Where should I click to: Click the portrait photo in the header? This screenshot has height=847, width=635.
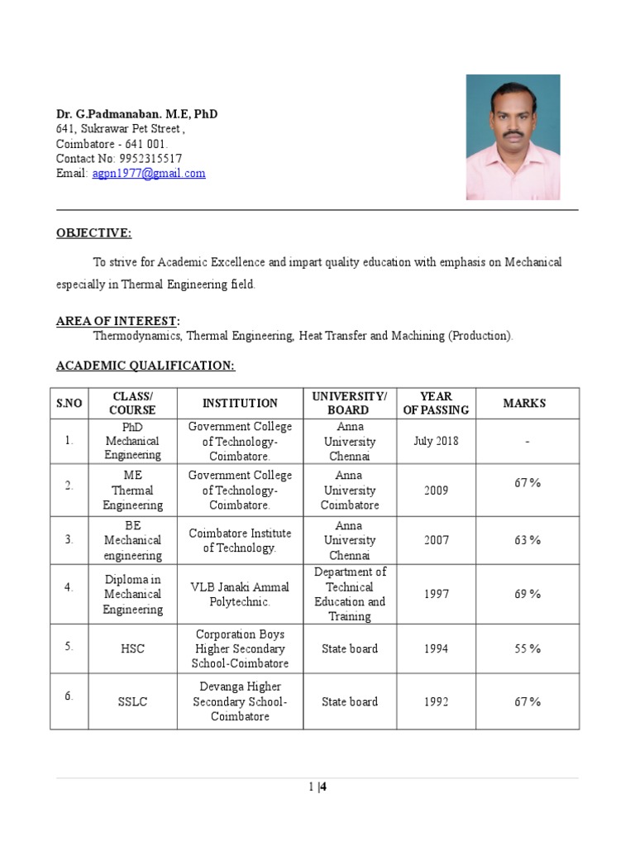pyautogui.click(x=513, y=137)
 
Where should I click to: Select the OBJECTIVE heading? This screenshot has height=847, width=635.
pyautogui.click(x=93, y=233)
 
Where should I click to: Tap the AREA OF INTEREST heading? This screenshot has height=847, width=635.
pyautogui.click(x=117, y=321)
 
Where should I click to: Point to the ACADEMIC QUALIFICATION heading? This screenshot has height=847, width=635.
pyautogui.click(x=146, y=366)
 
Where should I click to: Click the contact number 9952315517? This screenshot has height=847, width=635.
pyautogui.click(x=150, y=159)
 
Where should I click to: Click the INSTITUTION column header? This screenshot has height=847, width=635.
pyautogui.click(x=240, y=403)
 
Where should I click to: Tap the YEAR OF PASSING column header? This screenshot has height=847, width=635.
pyautogui.click(x=436, y=403)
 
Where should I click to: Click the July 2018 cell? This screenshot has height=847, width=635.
pyautogui.click(x=436, y=441)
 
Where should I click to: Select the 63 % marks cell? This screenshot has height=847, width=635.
pyautogui.click(x=528, y=540)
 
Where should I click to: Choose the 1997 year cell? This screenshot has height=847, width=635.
pyautogui.click(x=436, y=594)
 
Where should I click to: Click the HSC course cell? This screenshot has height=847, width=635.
pyautogui.click(x=132, y=648)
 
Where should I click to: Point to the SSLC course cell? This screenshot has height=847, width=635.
pyautogui.click(x=132, y=701)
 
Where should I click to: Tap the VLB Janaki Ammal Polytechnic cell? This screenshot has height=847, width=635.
pyautogui.click(x=240, y=594)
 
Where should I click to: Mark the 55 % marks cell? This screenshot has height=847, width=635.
pyautogui.click(x=528, y=648)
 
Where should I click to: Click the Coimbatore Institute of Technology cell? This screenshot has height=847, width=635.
pyautogui.click(x=240, y=540)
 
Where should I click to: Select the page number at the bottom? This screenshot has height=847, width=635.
pyautogui.click(x=318, y=787)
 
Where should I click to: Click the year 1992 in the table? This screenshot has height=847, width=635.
pyautogui.click(x=436, y=701)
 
